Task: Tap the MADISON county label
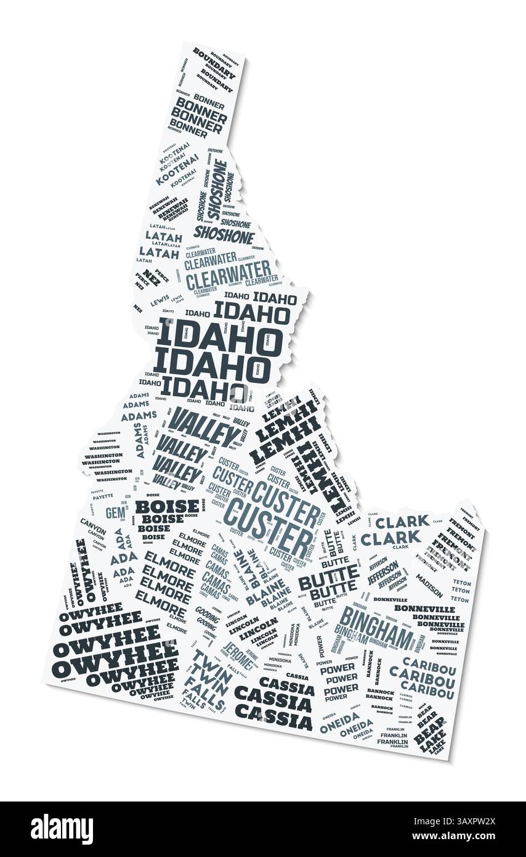(429, 585)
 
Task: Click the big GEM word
(115, 512)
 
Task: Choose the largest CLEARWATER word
(228, 275)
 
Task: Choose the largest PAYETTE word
(102, 496)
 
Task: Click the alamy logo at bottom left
(62, 829)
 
